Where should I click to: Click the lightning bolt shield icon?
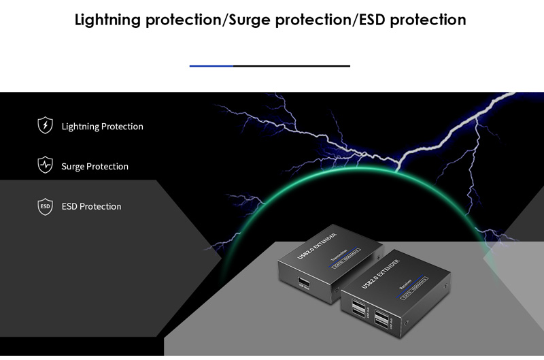(x=45, y=126)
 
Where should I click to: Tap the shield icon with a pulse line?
(x=45, y=165)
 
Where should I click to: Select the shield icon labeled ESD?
(x=45, y=206)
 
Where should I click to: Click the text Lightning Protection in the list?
(x=102, y=127)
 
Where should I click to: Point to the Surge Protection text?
(x=95, y=166)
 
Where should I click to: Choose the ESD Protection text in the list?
(x=91, y=206)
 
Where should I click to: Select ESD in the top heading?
(x=373, y=20)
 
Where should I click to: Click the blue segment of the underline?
(x=211, y=66)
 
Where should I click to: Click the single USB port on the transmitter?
(x=303, y=282)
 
